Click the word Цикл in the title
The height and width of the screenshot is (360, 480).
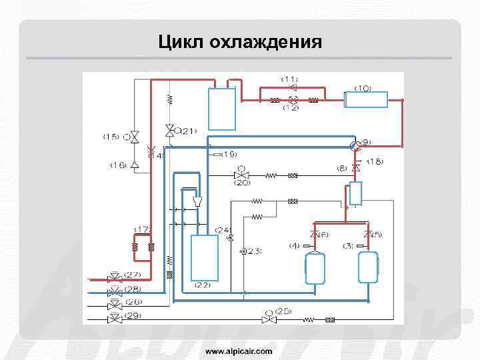coord(181,43)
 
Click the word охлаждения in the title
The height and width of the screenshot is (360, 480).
coord(265,43)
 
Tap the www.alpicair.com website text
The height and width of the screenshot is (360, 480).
coord(239,350)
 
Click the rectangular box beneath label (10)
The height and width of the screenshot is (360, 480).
coord(365,100)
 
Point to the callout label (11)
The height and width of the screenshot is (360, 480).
coord(289,79)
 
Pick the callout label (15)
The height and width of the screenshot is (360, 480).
coord(111,137)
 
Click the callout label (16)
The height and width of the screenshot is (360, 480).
coord(119,164)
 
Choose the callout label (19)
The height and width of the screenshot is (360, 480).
coord(228,154)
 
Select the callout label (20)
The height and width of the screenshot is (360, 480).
coord(242,182)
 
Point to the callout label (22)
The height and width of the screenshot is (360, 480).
coord(202,285)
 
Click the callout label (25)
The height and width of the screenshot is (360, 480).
coord(283,311)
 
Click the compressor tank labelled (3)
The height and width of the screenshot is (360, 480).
coord(368,267)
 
